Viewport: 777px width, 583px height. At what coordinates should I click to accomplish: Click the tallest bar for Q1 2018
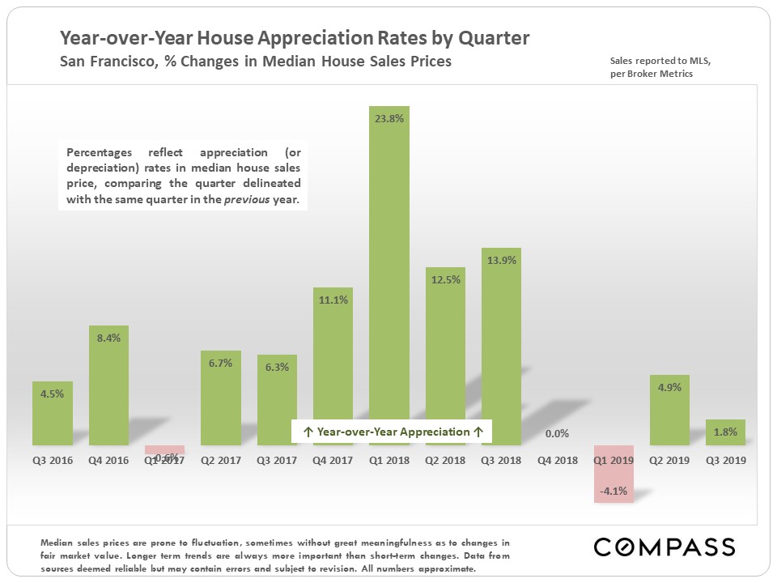click(389, 275)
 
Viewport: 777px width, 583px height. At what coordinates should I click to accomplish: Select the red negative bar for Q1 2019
click(614, 474)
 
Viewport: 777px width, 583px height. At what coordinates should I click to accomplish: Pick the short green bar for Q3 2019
click(725, 432)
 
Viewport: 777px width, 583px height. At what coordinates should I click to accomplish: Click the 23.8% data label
click(389, 117)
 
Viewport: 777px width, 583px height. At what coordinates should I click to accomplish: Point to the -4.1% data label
click(614, 490)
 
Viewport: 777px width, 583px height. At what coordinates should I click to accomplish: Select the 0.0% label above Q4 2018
click(558, 434)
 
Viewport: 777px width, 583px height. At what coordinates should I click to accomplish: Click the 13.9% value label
click(501, 260)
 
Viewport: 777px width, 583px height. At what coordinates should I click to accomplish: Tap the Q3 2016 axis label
click(53, 460)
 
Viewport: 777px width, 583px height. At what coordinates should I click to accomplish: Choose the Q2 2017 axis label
click(221, 460)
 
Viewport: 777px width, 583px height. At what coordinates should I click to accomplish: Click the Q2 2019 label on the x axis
click(669, 460)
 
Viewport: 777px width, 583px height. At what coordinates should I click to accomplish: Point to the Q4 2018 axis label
click(558, 460)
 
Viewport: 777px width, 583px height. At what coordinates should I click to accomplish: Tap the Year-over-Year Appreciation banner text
click(393, 432)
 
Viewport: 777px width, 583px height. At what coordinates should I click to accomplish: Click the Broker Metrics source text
click(659, 74)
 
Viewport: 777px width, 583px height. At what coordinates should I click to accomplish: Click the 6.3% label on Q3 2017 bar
click(277, 366)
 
